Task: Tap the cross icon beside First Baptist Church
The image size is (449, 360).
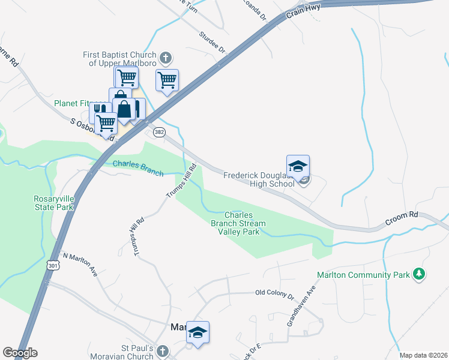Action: click(x=166, y=59)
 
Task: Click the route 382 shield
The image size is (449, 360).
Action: click(x=158, y=131)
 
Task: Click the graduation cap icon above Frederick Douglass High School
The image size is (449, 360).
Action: click(x=298, y=166)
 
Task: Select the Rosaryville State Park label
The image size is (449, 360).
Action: click(x=53, y=203)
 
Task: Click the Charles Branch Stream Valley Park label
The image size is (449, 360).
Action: click(x=245, y=223)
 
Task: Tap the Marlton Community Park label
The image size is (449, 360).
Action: click(x=363, y=275)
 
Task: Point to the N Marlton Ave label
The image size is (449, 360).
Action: click(x=80, y=263)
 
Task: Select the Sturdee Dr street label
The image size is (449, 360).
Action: click(x=212, y=43)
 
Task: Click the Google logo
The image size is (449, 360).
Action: click(x=20, y=353)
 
